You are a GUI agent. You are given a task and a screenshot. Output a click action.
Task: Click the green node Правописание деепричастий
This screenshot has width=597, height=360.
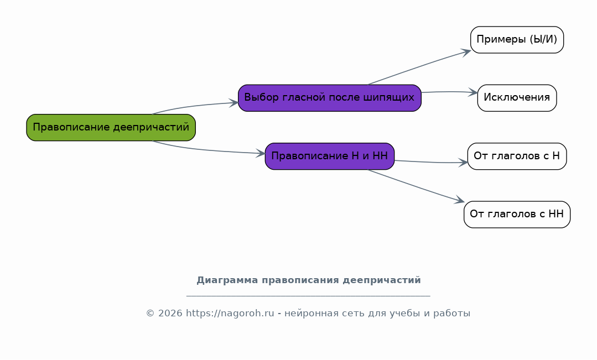coord(111,128)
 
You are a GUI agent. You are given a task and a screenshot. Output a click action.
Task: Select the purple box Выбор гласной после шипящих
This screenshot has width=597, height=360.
coord(330,98)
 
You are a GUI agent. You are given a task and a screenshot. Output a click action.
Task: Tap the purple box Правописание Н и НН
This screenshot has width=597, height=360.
coord(330,156)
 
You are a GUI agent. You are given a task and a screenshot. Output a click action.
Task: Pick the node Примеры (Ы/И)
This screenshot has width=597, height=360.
coord(517,40)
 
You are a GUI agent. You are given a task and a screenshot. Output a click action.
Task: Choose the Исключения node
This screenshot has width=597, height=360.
coord(517,98)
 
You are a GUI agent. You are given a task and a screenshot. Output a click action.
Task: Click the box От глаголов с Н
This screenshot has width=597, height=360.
coord(517,156)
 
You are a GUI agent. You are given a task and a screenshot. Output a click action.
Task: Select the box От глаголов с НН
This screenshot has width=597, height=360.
coord(517,214)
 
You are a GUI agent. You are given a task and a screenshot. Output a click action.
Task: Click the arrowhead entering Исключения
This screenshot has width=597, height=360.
coord(473,92)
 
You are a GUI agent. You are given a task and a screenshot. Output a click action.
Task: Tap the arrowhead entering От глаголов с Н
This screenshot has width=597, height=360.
coord(463,163)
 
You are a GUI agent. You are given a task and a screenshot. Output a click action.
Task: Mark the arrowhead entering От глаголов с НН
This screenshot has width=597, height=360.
coord(460,200)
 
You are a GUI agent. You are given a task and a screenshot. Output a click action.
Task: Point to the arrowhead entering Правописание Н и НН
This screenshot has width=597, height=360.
coord(261,153)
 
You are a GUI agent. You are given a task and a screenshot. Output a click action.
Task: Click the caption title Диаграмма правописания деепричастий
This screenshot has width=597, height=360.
coord(309,280)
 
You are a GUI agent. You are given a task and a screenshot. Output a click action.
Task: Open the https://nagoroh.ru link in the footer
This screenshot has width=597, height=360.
coord(230,313)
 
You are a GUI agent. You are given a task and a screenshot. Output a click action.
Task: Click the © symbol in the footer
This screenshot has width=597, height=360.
coord(150,313)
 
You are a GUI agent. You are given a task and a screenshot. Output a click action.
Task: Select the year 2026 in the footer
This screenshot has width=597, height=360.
coord(170,313)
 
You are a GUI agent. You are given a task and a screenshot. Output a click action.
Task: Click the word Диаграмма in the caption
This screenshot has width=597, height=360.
coord(227,280)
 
